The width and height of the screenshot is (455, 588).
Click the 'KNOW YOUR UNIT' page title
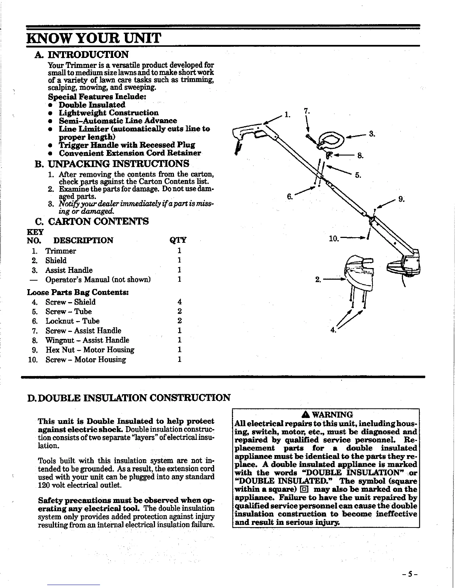[94, 38]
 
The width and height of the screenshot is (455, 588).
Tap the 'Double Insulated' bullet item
[92, 105]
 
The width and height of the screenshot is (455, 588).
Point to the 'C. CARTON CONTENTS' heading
[91, 222]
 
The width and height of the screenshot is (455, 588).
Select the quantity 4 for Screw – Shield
[180, 302]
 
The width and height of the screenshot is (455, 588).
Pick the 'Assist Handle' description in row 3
[69, 270]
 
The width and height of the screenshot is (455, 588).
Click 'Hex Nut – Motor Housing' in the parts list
[90, 350]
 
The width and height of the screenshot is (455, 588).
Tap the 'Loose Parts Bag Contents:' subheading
[78, 292]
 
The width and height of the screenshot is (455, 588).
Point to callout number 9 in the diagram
[401, 199]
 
